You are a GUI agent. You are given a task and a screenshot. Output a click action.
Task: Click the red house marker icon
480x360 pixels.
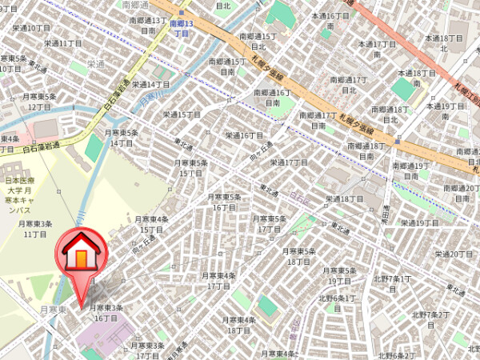click(x=81, y=255)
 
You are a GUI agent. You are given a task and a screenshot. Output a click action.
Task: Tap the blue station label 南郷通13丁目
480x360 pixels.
click(x=180, y=29)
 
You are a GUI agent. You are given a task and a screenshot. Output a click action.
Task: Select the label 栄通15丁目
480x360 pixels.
click(x=182, y=114)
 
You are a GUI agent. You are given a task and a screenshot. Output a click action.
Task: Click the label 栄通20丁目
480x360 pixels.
click(x=454, y=254)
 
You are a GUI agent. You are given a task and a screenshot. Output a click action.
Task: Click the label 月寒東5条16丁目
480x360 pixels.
click(x=225, y=202)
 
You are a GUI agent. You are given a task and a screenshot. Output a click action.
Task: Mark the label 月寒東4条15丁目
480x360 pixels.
click(x=151, y=224)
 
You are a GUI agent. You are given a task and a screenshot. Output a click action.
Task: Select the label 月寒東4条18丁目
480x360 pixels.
click(x=238, y=325)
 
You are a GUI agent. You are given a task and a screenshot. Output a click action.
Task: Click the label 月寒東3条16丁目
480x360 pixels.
click(x=106, y=312)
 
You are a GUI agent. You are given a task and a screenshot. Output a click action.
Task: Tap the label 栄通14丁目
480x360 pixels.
click(x=150, y=83)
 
